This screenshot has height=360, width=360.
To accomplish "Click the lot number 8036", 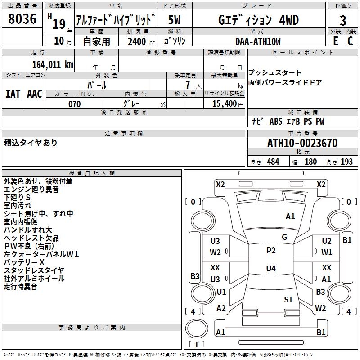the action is point(22,20).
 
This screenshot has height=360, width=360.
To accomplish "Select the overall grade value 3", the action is point(343,21).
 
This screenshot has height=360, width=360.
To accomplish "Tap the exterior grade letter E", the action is point(335,41).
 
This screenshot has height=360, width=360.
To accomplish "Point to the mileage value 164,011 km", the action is point(53,64).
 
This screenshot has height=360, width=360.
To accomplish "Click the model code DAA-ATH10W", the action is point(258,41).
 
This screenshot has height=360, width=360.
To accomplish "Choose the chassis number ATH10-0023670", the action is point(302,144).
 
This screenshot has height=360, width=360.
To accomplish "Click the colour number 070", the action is point(74,104).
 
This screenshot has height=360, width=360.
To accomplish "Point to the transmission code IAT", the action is point(13,94).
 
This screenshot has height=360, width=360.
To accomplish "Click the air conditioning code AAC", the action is point(35,94).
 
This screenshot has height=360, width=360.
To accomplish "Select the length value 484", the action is point(273,162).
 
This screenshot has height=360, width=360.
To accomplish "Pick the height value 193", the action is point(346,162).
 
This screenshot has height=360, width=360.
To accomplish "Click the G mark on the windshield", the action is point(284,237).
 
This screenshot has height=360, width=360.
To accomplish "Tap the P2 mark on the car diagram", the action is point(271,251).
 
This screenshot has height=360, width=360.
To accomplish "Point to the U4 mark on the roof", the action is point(271,269).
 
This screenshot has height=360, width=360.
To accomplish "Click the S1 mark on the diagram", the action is point(288,299).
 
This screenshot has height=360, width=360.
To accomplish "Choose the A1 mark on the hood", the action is point(290,216).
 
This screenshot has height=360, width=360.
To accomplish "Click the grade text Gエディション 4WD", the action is point(258,20).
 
